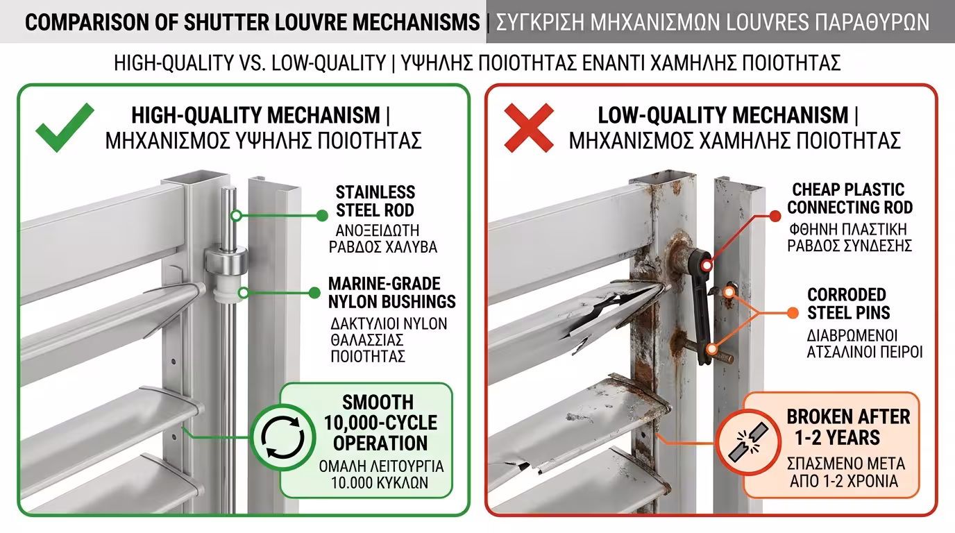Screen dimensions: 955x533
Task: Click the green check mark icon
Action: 65,127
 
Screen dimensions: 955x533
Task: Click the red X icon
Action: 529,128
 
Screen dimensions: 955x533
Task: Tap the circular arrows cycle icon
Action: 282,437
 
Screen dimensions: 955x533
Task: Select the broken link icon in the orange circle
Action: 748,442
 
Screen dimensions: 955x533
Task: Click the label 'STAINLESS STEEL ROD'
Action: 375,201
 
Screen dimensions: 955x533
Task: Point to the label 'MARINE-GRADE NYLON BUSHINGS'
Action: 391,292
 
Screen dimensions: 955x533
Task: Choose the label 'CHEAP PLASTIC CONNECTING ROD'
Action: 850,198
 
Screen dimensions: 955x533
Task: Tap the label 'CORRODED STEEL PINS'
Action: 848,303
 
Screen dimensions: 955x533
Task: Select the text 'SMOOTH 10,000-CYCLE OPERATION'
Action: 380,423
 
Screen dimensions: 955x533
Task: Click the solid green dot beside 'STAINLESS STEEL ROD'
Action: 322,216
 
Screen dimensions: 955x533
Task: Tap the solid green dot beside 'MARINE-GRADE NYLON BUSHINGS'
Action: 314,293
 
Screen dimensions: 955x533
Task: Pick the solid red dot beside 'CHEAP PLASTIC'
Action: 775,217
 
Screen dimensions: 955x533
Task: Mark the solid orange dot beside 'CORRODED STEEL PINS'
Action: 793,313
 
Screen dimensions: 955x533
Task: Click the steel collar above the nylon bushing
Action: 226,260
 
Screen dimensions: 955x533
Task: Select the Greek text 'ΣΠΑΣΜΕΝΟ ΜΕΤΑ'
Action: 846,464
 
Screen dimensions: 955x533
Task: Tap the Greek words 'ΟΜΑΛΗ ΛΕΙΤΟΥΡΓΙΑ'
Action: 381,466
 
